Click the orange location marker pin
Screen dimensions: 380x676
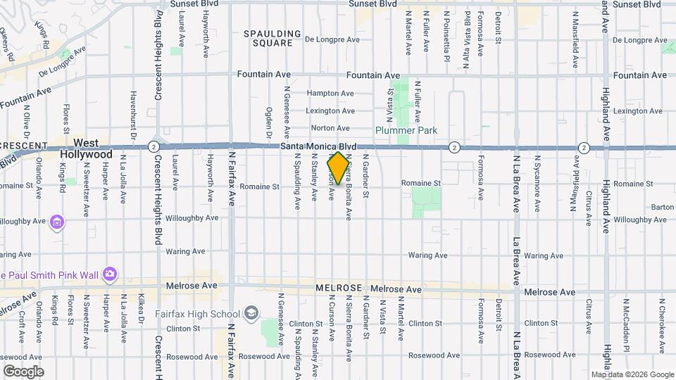click(x=338, y=168)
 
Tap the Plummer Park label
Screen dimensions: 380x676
click(x=406, y=130)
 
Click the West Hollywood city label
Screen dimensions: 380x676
click(x=86, y=148)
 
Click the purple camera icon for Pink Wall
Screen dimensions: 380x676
click(x=109, y=273)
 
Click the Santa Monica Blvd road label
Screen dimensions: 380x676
click(x=318, y=146)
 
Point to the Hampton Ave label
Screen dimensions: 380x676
click(x=330, y=93)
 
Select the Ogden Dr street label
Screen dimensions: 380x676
click(x=269, y=122)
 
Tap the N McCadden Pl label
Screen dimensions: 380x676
click(x=625, y=327)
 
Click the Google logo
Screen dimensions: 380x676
click(x=23, y=372)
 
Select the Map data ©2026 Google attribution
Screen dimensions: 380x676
click(x=632, y=374)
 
